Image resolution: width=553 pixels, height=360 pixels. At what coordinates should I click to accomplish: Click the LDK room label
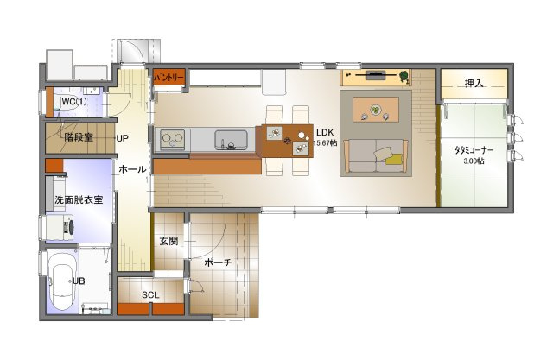(x=325, y=133)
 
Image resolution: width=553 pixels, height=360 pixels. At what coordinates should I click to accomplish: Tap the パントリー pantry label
(x=169, y=77)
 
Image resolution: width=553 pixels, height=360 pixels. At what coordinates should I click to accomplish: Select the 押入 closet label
(x=474, y=83)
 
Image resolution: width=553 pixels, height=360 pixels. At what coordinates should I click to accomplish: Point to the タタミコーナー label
(x=474, y=150)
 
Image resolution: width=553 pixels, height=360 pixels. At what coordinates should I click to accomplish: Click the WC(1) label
(x=74, y=102)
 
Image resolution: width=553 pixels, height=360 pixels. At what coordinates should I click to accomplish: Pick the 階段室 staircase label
(x=79, y=137)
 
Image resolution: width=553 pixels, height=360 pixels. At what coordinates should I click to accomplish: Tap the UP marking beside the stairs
(x=123, y=138)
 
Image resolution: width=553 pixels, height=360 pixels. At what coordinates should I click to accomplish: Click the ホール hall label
(x=132, y=169)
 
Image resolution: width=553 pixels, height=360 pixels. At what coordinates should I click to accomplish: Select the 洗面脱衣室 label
(x=79, y=199)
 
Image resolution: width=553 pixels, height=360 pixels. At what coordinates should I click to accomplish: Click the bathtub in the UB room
(x=62, y=281)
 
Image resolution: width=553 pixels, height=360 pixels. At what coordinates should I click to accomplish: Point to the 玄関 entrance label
(x=168, y=241)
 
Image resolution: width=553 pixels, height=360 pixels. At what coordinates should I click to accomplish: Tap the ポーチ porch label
(x=218, y=262)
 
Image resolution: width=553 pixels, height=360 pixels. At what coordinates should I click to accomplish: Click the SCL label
(x=150, y=295)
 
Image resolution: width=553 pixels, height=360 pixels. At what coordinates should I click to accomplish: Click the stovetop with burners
(x=173, y=140)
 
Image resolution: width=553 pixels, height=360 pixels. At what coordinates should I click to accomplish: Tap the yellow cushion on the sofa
(x=394, y=159)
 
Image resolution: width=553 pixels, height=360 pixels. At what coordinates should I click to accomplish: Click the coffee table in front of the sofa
(x=376, y=110)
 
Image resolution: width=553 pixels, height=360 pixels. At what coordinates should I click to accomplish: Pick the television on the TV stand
(x=375, y=75)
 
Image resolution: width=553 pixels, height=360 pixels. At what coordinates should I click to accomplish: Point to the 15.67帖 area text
(x=325, y=143)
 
